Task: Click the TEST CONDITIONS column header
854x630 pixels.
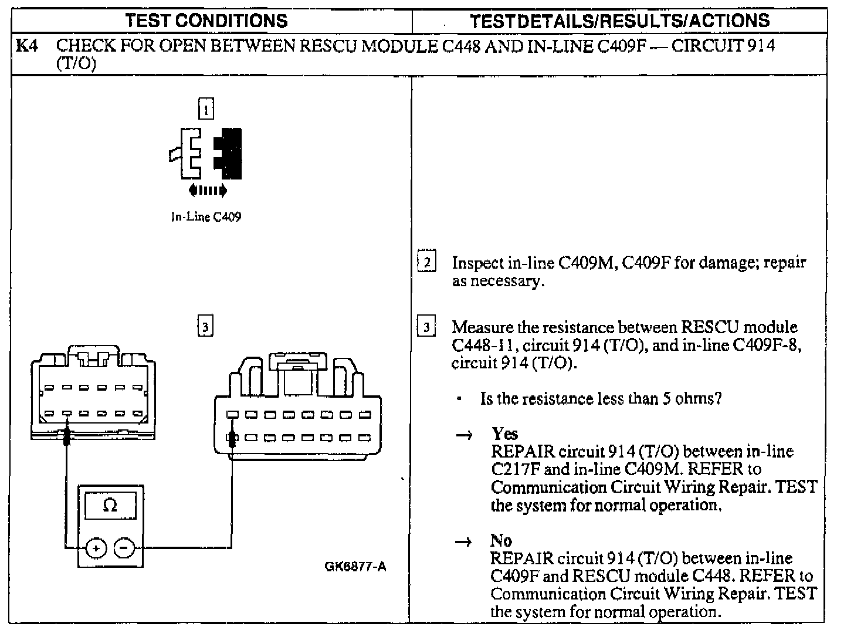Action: (x=207, y=21)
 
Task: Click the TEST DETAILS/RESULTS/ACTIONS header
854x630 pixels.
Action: (x=620, y=21)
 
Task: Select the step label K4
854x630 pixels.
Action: (x=27, y=46)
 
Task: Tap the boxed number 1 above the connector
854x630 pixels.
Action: (x=206, y=109)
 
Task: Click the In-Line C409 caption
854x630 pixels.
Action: (x=206, y=217)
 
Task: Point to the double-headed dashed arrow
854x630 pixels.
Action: (x=208, y=189)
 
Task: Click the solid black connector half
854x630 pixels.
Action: (x=229, y=153)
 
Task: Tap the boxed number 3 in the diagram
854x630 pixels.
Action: (x=205, y=326)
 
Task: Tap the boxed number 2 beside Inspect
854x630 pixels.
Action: (x=427, y=262)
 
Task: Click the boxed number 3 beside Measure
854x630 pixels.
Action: (x=427, y=327)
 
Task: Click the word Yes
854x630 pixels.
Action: (x=505, y=434)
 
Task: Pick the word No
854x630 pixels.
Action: (x=501, y=540)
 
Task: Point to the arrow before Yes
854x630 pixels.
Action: (x=464, y=435)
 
